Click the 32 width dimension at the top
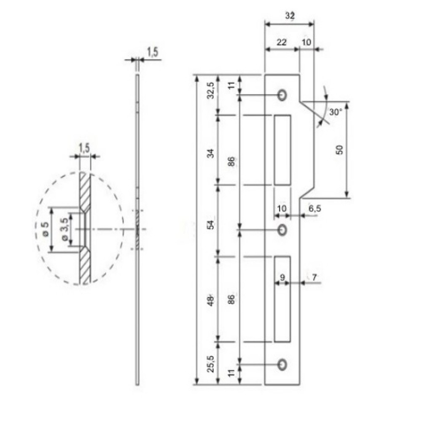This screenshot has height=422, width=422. click(x=290, y=16)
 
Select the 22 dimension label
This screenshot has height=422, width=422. click(x=282, y=42)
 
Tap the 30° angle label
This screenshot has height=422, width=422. click(x=336, y=112)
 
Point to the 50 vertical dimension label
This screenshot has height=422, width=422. click(x=340, y=150)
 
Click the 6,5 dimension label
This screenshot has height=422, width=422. click(x=315, y=208)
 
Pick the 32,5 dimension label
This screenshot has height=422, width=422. click(x=211, y=90)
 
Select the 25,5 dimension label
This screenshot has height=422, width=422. click(x=211, y=364)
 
